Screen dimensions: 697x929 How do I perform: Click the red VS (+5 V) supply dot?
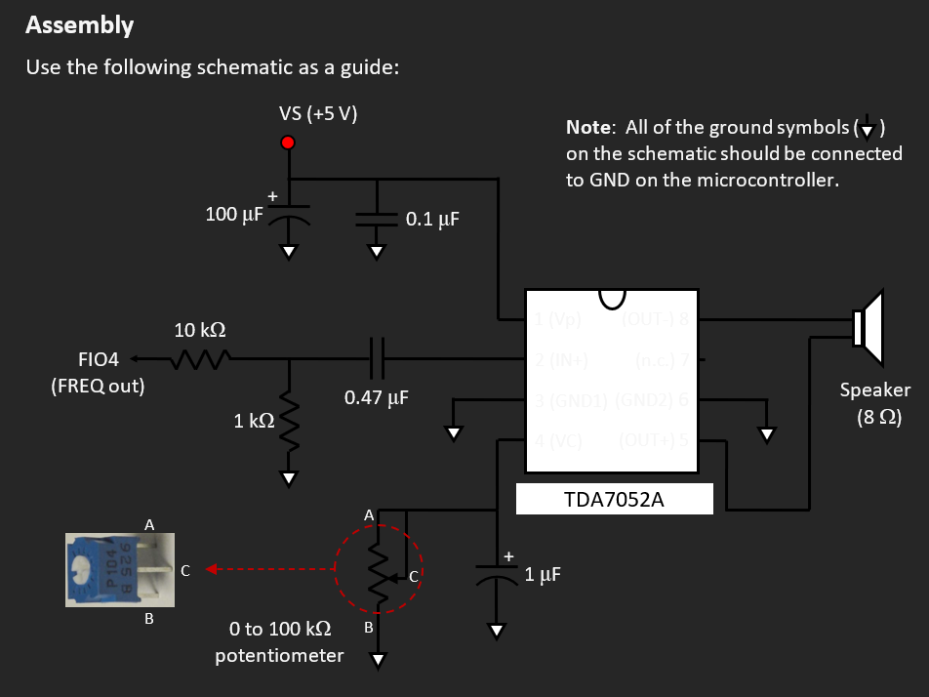(288, 143)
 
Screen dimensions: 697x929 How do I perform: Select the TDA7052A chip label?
(614, 500)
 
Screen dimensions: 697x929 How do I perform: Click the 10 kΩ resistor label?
(200, 330)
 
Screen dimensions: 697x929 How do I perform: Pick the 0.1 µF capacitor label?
(432, 220)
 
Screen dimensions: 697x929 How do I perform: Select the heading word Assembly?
(80, 25)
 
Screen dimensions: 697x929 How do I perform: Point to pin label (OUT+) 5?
(655, 439)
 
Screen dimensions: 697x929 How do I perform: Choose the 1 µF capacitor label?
(543, 574)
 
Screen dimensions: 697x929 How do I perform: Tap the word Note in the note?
(589, 128)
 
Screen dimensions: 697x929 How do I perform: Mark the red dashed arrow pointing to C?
(263, 570)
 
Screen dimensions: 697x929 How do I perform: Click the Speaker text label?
(875, 389)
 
